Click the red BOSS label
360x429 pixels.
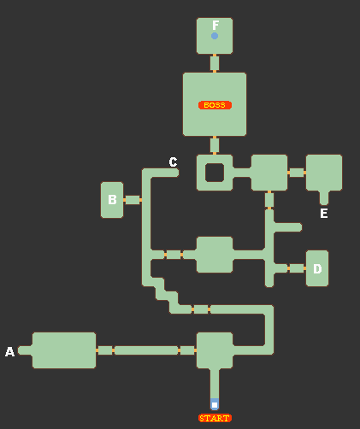coord(215,105)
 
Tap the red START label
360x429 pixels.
coord(215,418)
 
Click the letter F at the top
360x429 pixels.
coord(215,25)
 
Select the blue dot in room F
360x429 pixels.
coord(215,36)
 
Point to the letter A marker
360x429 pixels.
coord(9,351)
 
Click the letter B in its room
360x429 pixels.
coord(112,200)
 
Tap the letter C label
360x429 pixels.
coord(173,162)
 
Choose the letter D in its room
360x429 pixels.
coord(317,268)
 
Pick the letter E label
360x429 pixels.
coord(324,214)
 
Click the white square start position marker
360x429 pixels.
coord(215,405)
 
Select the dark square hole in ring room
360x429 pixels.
coord(215,173)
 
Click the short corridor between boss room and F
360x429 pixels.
coord(215,63)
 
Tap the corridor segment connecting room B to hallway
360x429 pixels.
coord(133,200)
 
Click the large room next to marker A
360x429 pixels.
coord(64,350)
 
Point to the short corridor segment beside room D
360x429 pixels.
coord(297,268)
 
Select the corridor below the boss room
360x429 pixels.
coord(215,145)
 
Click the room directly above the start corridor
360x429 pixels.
coord(215,350)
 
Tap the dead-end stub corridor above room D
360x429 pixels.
coord(287,227)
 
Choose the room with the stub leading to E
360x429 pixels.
coord(324,173)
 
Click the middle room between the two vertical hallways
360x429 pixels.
coord(215,255)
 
